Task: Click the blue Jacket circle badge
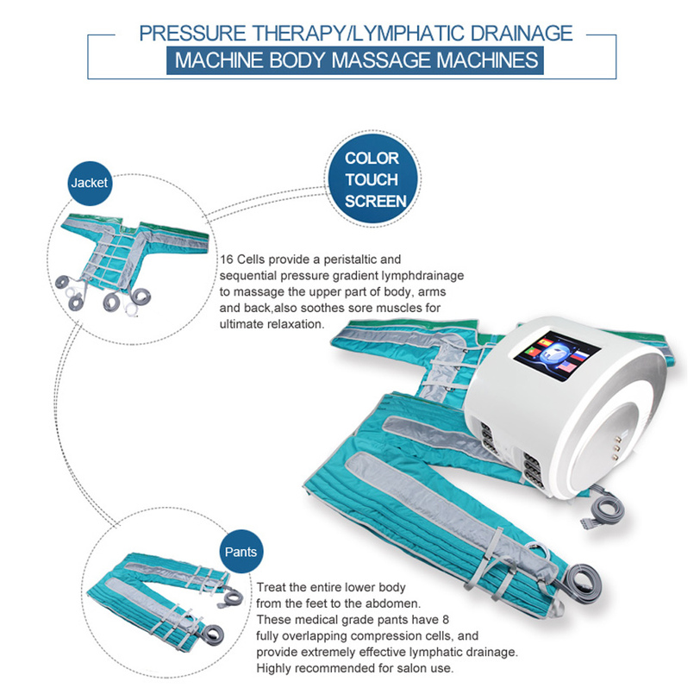click(x=90, y=183)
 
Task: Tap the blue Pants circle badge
click(x=241, y=552)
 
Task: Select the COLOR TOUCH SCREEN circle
click(x=372, y=179)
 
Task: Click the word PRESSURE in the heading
click(x=192, y=34)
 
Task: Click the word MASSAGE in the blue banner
click(x=382, y=60)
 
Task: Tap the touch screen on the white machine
click(x=558, y=355)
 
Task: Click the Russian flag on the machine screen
click(x=578, y=356)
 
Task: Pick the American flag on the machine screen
click(x=567, y=368)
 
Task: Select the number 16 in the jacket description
click(x=227, y=259)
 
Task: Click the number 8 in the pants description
click(x=446, y=620)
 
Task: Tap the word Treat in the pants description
click(x=271, y=587)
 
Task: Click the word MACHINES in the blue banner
click(x=488, y=60)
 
